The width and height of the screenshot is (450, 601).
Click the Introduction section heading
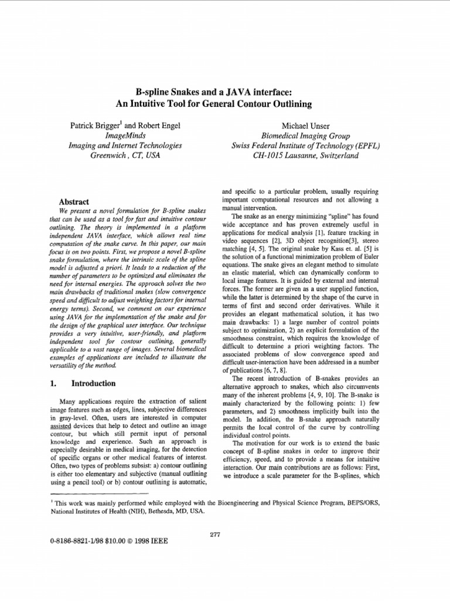coord(94,383)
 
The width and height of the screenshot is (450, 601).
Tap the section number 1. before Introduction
coord(50,383)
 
